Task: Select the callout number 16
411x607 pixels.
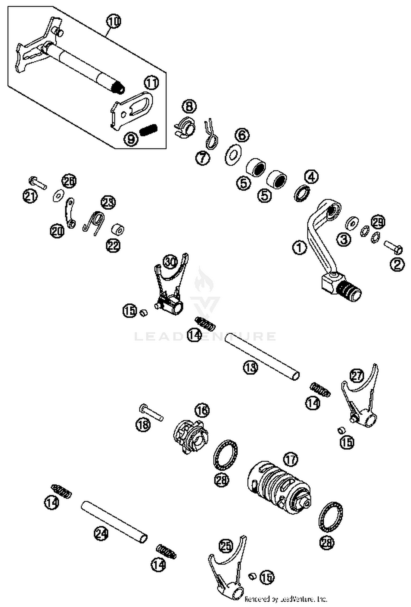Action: click(202, 410)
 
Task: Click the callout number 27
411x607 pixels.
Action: click(356, 376)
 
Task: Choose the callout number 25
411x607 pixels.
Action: click(226, 545)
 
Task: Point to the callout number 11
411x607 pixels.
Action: click(151, 83)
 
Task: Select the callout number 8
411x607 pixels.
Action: click(189, 106)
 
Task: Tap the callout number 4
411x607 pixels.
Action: click(311, 177)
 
